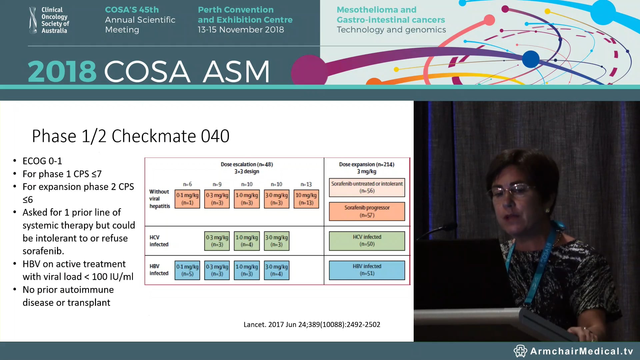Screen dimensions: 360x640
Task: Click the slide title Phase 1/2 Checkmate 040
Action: tap(130, 136)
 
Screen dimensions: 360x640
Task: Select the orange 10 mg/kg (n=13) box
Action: tap(306, 199)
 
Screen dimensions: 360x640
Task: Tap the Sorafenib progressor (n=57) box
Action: tap(367, 211)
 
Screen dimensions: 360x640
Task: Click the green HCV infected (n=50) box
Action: tap(367, 241)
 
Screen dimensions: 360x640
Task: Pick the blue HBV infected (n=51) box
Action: tap(367, 270)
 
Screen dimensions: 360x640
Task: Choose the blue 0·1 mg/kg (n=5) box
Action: tap(187, 270)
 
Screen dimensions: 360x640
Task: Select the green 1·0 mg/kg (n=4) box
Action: tap(247, 241)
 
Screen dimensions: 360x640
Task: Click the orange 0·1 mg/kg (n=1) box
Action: tap(187, 199)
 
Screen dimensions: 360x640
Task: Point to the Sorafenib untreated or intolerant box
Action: tap(367, 187)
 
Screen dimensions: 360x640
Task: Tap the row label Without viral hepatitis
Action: tap(159, 199)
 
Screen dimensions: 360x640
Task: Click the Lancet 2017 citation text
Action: tap(312, 325)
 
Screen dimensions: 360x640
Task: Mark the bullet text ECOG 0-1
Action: tap(42, 161)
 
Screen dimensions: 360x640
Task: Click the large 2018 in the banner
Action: tap(62, 71)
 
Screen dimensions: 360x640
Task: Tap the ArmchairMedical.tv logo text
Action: tap(581, 351)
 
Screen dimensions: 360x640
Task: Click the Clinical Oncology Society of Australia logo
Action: tap(49, 20)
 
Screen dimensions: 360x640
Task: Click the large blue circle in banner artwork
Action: tap(530, 59)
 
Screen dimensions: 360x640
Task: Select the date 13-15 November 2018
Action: tap(241, 30)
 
